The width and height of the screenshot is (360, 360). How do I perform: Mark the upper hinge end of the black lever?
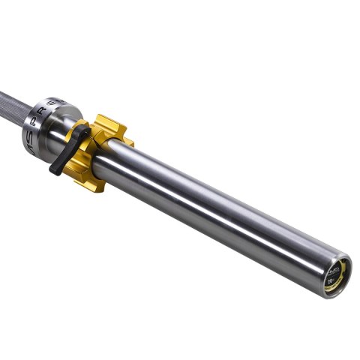coord(84,133)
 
